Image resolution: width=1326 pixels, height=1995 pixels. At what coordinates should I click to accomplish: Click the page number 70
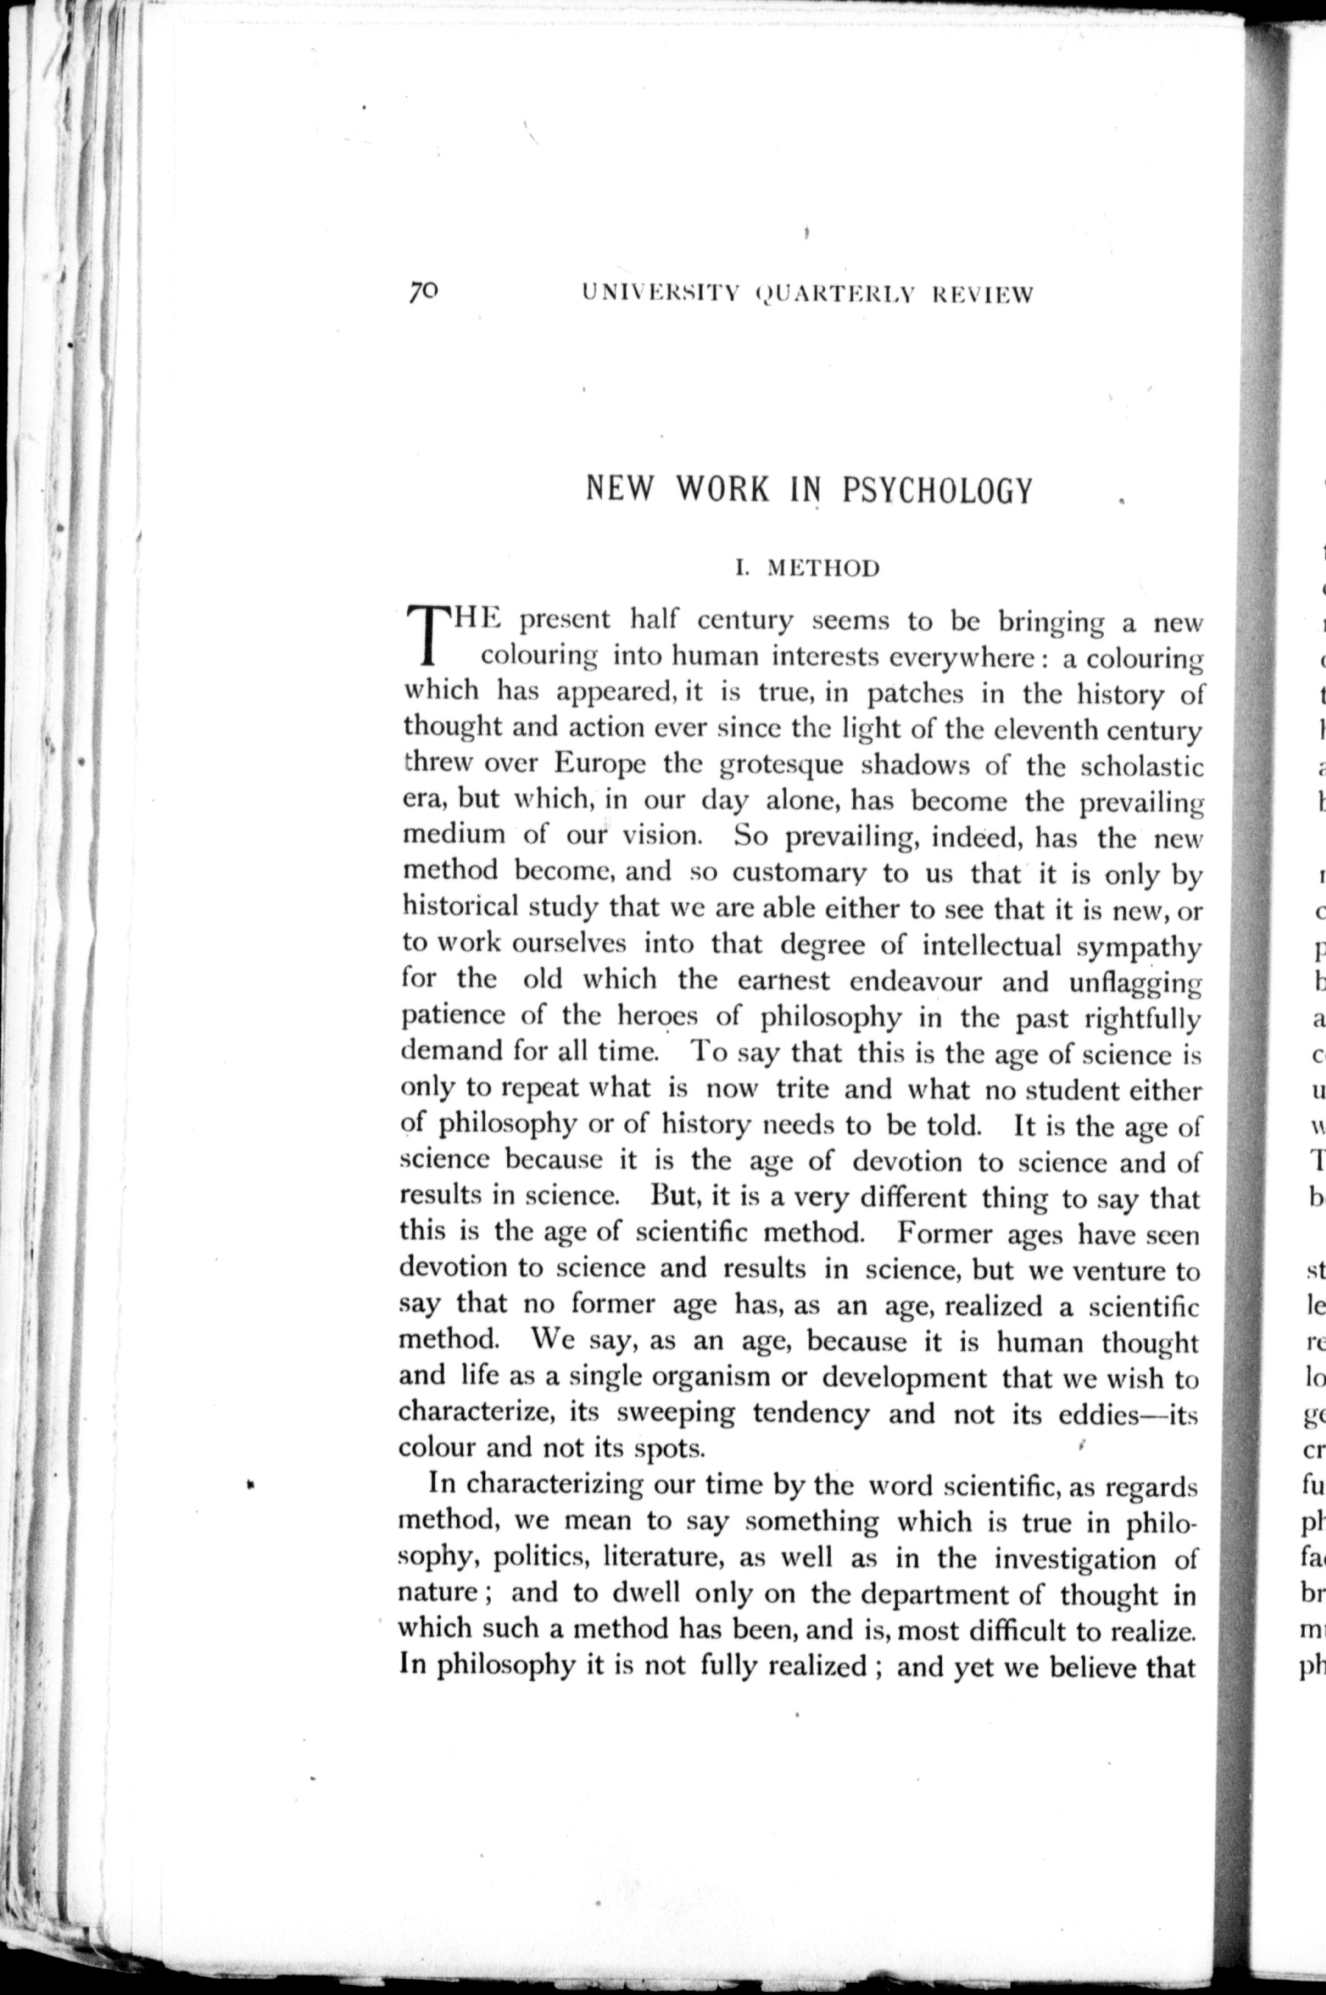click(x=423, y=292)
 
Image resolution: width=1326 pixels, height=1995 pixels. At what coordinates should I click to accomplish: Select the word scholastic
click(x=1143, y=766)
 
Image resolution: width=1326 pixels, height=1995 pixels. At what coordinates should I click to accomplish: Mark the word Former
click(x=944, y=1234)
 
